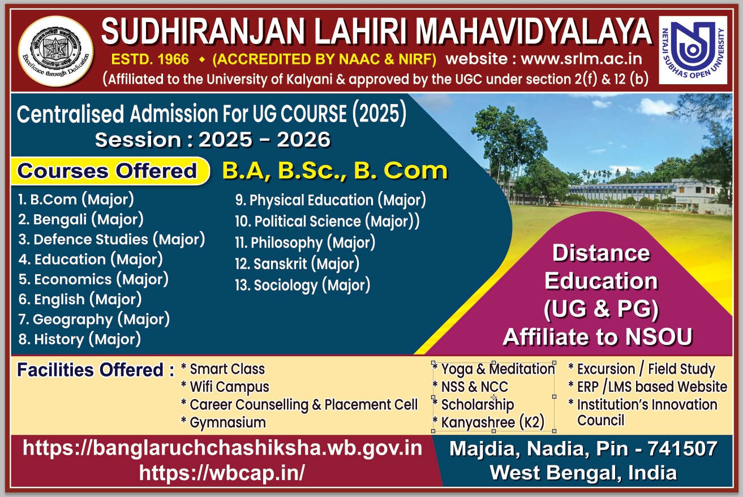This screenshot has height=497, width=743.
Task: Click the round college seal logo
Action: [x=55, y=51]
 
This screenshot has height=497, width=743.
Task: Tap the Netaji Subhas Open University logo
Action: [x=693, y=50]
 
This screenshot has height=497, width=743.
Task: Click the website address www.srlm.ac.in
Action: [x=582, y=59]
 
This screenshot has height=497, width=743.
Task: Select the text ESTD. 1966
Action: [x=150, y=59]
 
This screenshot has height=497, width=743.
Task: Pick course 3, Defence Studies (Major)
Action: [x=112, y=240]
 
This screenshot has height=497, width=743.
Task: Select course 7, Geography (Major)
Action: [x=94, y=319]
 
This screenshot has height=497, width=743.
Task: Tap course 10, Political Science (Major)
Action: [x=327, y=221]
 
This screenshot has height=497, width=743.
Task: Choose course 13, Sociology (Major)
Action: [x=303, y=286]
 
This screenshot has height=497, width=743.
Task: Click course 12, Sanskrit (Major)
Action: [x=297, y=264]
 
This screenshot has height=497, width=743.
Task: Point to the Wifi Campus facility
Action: [x=225, y=387]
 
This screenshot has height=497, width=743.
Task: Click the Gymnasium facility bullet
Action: [x=224, y=423]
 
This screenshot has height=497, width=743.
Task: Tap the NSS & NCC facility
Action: [x=470, y=387]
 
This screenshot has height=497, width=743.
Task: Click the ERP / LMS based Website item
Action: [x=647, y=387]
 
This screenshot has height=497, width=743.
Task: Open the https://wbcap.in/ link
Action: [x=222, y=473]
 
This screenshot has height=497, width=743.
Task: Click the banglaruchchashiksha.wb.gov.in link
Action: [x=222, y=448]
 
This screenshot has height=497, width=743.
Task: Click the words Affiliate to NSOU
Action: [x=598, y=337]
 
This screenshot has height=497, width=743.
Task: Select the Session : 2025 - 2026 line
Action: [x=213, y=140]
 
